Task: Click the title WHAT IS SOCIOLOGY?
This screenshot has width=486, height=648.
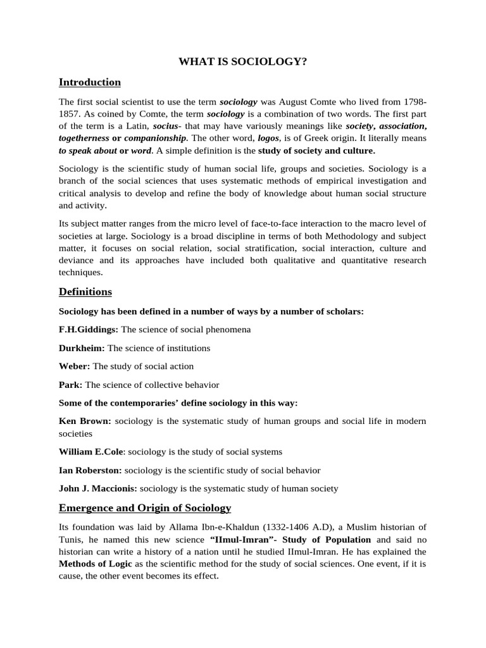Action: tap(243, 61)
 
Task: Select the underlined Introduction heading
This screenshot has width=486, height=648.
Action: tap(89, 82)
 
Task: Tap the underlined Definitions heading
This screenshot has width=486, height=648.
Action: tap(85, 292)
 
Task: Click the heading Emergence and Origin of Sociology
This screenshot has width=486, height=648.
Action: tap(144, 508)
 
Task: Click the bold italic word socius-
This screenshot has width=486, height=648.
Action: tap(167, 126)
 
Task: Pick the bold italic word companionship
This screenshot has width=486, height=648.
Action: tap(155, 138)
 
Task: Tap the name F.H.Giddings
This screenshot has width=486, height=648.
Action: tap(87, 330)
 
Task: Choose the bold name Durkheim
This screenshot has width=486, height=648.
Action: tap(82, 348)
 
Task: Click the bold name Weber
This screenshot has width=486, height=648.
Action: tap(74, 366)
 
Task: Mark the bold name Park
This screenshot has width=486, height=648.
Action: tap(70, 385)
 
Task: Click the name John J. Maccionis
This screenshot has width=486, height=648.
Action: tap(97, 489)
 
